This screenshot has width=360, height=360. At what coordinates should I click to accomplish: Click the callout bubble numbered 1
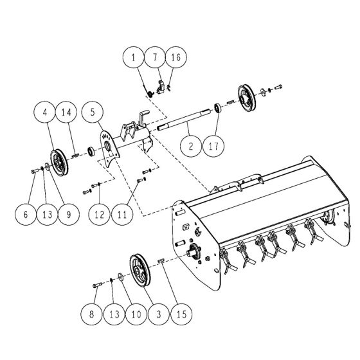tap(133, 59)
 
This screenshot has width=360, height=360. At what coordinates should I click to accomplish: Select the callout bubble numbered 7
tap(154, 59)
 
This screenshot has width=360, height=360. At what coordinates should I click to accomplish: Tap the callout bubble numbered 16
tap(175, 59)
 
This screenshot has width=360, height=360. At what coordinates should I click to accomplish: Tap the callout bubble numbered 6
tap(26, 215)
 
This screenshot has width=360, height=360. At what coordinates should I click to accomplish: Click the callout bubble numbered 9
tap(64, 215)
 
